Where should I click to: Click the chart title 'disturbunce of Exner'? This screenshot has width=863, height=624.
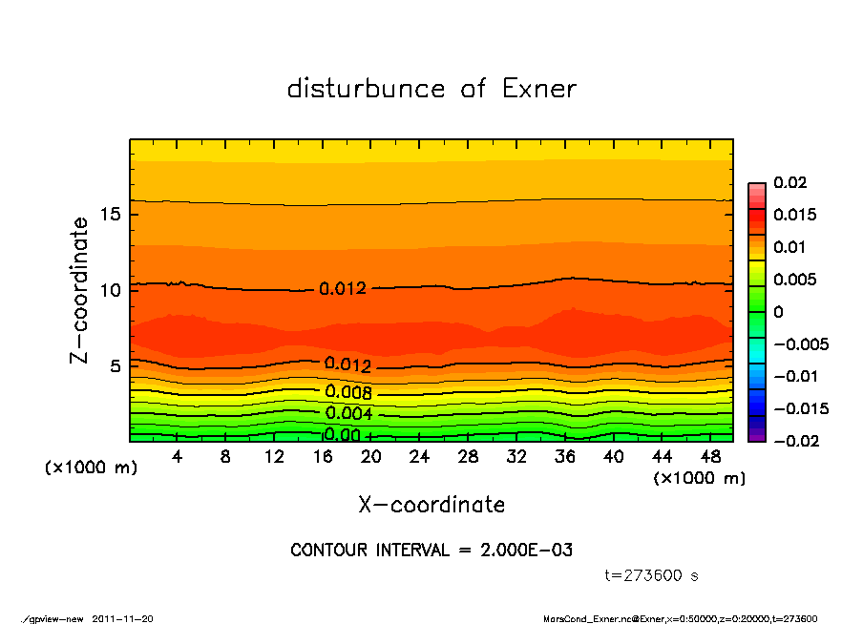tap(431, 90)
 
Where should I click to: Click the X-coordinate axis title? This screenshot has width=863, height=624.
tap(431, 505)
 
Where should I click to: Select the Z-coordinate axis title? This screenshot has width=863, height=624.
tap(80, 289)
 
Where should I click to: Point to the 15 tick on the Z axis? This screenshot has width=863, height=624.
tap(112, 214)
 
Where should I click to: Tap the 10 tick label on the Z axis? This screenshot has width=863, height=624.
tap(112, 289)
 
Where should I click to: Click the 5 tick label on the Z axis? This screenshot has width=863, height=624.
tap(116, 365)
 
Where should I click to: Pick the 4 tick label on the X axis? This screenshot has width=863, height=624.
tap(178, 457)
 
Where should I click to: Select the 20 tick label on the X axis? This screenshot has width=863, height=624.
tap(371, 457)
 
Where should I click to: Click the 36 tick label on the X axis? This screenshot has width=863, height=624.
tap(565, 457)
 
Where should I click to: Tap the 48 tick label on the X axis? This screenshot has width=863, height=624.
tap(710, 457)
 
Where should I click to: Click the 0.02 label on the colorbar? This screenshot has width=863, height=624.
tap(789, 182)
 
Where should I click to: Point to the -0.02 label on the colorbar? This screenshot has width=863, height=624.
tap(794, 441)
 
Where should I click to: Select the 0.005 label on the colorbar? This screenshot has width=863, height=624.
tap(794, 280)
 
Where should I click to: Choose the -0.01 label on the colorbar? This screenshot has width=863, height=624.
tap(794, 376)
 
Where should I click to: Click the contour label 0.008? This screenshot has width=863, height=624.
tap(348, 392)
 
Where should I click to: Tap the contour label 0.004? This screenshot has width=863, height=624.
tap(348, 414)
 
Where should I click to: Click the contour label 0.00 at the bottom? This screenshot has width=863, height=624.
tap(343, 435)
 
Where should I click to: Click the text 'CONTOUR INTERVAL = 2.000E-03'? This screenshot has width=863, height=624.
tap(431, 551)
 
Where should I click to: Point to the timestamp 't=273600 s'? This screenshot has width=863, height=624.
tap(652, 575)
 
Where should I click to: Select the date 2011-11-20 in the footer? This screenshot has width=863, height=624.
tap(122, 618)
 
